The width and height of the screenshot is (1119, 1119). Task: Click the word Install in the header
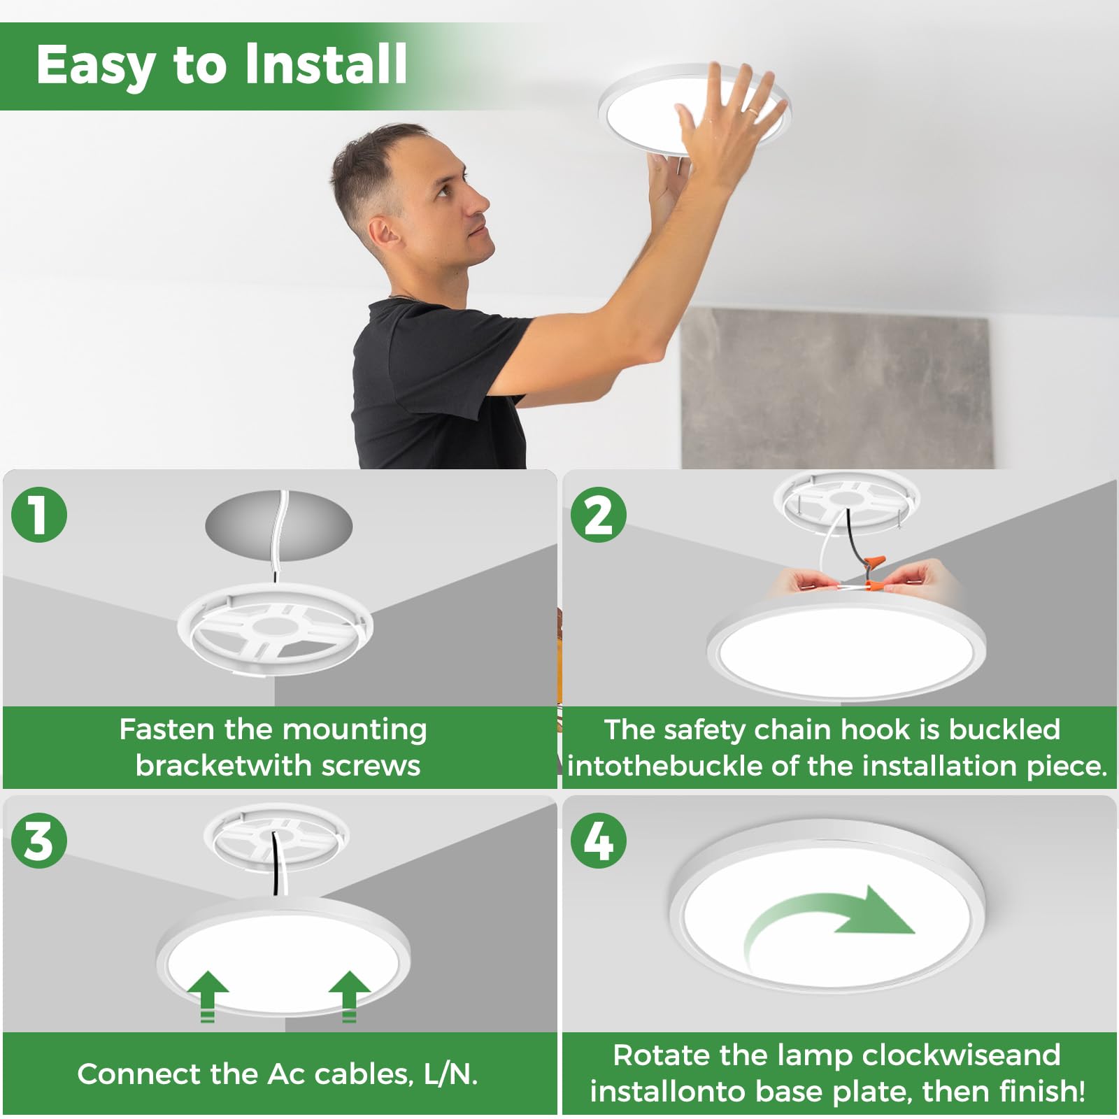click(326, 64)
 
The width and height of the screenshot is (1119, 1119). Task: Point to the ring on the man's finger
click(751, 111)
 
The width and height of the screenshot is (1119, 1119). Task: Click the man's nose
click(480, 204)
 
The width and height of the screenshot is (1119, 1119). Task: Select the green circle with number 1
click(39, 515)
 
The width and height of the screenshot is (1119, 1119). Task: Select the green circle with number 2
click(598, 515)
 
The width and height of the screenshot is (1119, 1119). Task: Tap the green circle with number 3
click(39, 841)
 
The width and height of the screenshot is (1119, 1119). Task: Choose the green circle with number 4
click(598, 841)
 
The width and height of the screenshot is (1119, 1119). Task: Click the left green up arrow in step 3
click(208, 993)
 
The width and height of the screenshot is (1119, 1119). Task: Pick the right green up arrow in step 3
click(349, 993)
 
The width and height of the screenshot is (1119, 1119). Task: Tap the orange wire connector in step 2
click(874, 564)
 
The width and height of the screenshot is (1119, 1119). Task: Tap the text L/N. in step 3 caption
click(450, 1074)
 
